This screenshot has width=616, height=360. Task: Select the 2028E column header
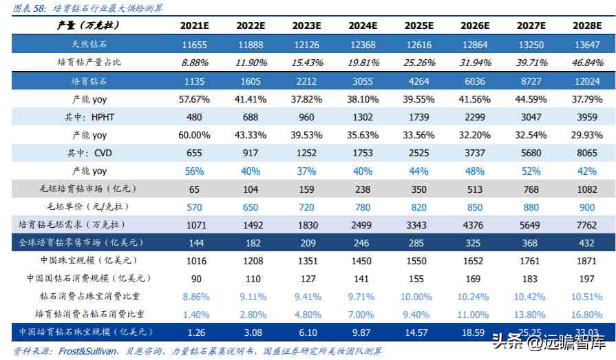pyautogui.click(x=588, y=25)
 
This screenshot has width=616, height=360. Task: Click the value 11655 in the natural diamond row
pyautogui.click(x=194, y=45)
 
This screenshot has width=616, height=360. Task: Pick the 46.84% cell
pyautogui.click(x=588, y=63)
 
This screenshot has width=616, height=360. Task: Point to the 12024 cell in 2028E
pyautogui.click(x=588, y=81)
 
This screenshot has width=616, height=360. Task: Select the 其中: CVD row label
pyautogui.click(x=88, y=153)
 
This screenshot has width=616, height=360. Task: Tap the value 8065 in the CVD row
pyautogui.click(x=588, y=153)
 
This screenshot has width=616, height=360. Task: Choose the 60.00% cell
pyautogui.click(x=194, y=135)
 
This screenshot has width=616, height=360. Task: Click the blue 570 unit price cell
pyautogui.click(x=194, y=207)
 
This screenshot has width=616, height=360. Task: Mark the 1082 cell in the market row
pyautogui.click(x=588, y=189)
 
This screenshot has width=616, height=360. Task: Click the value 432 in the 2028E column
pyautogui.click(x=588, y=242)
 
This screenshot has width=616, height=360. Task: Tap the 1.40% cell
pyautogui.click(x=194, y=315)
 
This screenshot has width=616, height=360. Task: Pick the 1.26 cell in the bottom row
pyautogui.click(x=194, y=332)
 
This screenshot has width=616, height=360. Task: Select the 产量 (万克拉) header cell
pyautogui.click(x=88, y=25)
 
